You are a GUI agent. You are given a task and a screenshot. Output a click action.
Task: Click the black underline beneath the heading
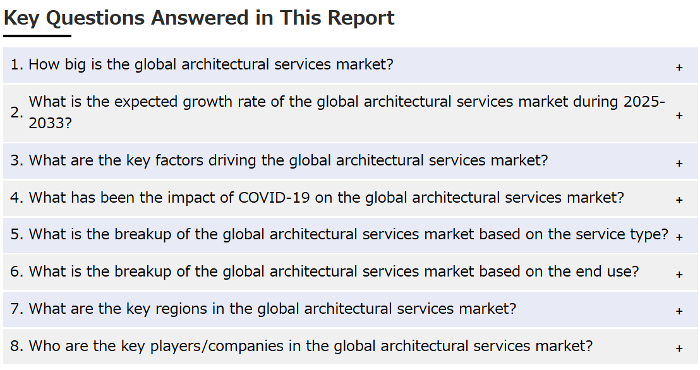click(x=37, y=36)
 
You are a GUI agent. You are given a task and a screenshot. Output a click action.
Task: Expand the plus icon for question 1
click(x=679, y=68)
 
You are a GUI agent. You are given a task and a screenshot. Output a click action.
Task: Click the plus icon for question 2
click(x=679, y=116)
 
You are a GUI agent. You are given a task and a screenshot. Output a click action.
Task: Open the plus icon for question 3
click(x=679, y=164)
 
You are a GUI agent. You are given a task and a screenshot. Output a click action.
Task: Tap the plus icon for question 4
click(x=679, y=200)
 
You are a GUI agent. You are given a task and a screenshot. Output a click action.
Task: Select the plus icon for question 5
click(x=679, y=237)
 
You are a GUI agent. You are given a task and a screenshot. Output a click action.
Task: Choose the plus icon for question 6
click(x=679, y=275)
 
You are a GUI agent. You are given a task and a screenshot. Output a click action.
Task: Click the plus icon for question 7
click(x=679, y=311)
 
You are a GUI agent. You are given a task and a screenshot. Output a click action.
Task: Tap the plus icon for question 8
click(x=679, y=348)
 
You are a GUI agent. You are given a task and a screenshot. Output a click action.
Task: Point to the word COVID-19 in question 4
click(x=274, y=197)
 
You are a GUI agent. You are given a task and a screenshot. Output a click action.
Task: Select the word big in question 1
click(x=75, y=64)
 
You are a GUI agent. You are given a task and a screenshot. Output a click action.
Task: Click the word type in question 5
click(x=651, y=235)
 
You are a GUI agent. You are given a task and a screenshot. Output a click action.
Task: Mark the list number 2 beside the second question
click(x=16, y=112)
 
